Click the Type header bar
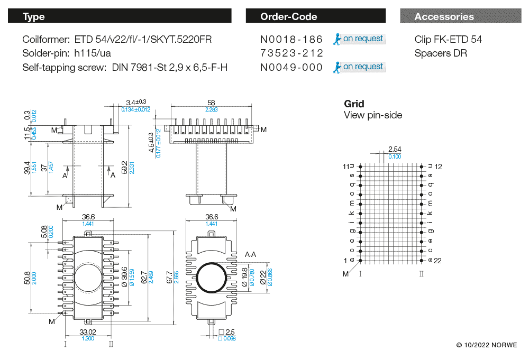(x=120, y=16)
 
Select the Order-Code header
(x=316, y=16)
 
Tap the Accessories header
(x=461, y=16)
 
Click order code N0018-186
(x=291, y=40)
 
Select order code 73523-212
(x=291, y=53)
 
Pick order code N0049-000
(x=291, y=68)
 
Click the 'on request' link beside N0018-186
(x=359, y=39)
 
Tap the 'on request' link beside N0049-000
(x=359, y=67)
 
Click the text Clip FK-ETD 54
(x=448, y=40)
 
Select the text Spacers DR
(x=441, y=53)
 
